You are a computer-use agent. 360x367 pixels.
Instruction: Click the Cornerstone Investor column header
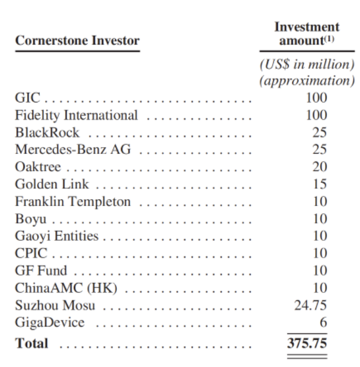click(78, 41)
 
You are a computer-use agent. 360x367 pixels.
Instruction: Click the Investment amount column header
click(307, 34)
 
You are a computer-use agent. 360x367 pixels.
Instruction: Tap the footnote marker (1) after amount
click(329, 39)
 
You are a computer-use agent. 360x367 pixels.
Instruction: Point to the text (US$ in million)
click(307, 64)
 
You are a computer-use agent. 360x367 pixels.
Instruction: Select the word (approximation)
click(307, 80)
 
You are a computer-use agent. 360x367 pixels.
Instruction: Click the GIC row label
click(27, 98)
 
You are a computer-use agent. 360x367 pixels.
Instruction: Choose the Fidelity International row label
click(76, 115)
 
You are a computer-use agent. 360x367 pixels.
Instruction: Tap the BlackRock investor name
click(47, 133)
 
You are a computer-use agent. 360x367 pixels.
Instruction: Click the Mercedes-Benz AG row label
click(73, 149)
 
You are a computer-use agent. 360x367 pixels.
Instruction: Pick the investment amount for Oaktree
click(319, 167)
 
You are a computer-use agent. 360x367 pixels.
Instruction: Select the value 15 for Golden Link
click(320, 184)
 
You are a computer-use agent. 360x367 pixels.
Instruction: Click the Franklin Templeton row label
click(73, 202)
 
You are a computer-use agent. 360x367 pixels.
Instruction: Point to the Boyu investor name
click(31, 219)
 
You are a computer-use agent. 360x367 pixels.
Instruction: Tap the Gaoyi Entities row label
click(57, 236)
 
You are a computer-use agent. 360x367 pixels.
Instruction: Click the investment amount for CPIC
click(320, 253)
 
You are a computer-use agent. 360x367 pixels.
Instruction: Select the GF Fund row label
click(41, 270)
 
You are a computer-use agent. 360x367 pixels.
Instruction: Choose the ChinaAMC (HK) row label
click(66, 288)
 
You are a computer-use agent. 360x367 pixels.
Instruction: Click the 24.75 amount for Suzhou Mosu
click(310, 306)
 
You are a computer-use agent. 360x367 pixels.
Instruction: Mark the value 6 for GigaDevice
click(324, 322)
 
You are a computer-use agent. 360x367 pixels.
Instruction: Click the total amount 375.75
click(307, 343)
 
